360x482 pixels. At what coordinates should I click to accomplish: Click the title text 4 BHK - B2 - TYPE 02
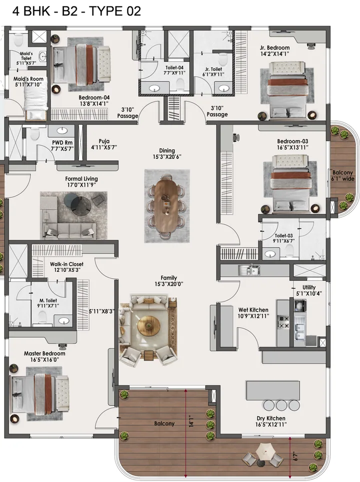(70, 10)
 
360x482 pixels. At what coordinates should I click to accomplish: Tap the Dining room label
(167, 153)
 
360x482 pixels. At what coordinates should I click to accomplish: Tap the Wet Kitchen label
(253, 313)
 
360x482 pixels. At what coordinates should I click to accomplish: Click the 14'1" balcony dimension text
(192, 422)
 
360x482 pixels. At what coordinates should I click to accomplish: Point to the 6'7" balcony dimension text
(297, 456)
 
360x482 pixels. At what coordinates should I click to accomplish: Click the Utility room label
(309, 291)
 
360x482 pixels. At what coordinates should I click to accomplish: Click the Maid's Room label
(28, 82)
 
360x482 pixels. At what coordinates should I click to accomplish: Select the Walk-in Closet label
(66, 267)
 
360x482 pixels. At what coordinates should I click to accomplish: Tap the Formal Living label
(81, 182)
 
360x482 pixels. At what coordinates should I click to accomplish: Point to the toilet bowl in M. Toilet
(42, 316)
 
